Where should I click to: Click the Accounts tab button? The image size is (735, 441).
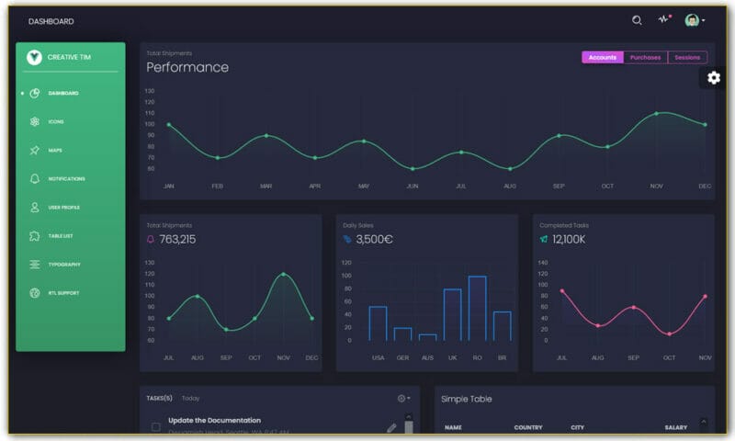603,58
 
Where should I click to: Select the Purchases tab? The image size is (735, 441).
645,58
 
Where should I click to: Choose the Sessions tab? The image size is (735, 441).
687,58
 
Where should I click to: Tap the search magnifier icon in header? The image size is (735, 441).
637,20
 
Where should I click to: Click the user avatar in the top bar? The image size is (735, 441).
692,20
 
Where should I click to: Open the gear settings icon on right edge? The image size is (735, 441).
714,78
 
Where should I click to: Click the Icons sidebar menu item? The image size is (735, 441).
56,121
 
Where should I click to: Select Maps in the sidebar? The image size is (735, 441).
56,150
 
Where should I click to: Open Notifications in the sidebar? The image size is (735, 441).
66,178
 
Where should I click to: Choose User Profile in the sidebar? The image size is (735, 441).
64,208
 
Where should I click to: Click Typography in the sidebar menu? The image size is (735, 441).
64,265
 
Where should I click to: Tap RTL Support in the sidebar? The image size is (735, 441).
63,293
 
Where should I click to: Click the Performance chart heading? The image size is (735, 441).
187,67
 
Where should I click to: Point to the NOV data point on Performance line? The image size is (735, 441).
656,114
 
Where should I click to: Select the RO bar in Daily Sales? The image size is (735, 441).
477,308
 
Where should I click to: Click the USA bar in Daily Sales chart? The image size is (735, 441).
378,323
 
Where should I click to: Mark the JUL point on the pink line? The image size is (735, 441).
562,291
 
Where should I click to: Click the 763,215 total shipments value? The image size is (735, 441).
177,240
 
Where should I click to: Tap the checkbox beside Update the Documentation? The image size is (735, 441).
156,426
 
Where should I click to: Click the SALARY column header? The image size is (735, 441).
676,427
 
